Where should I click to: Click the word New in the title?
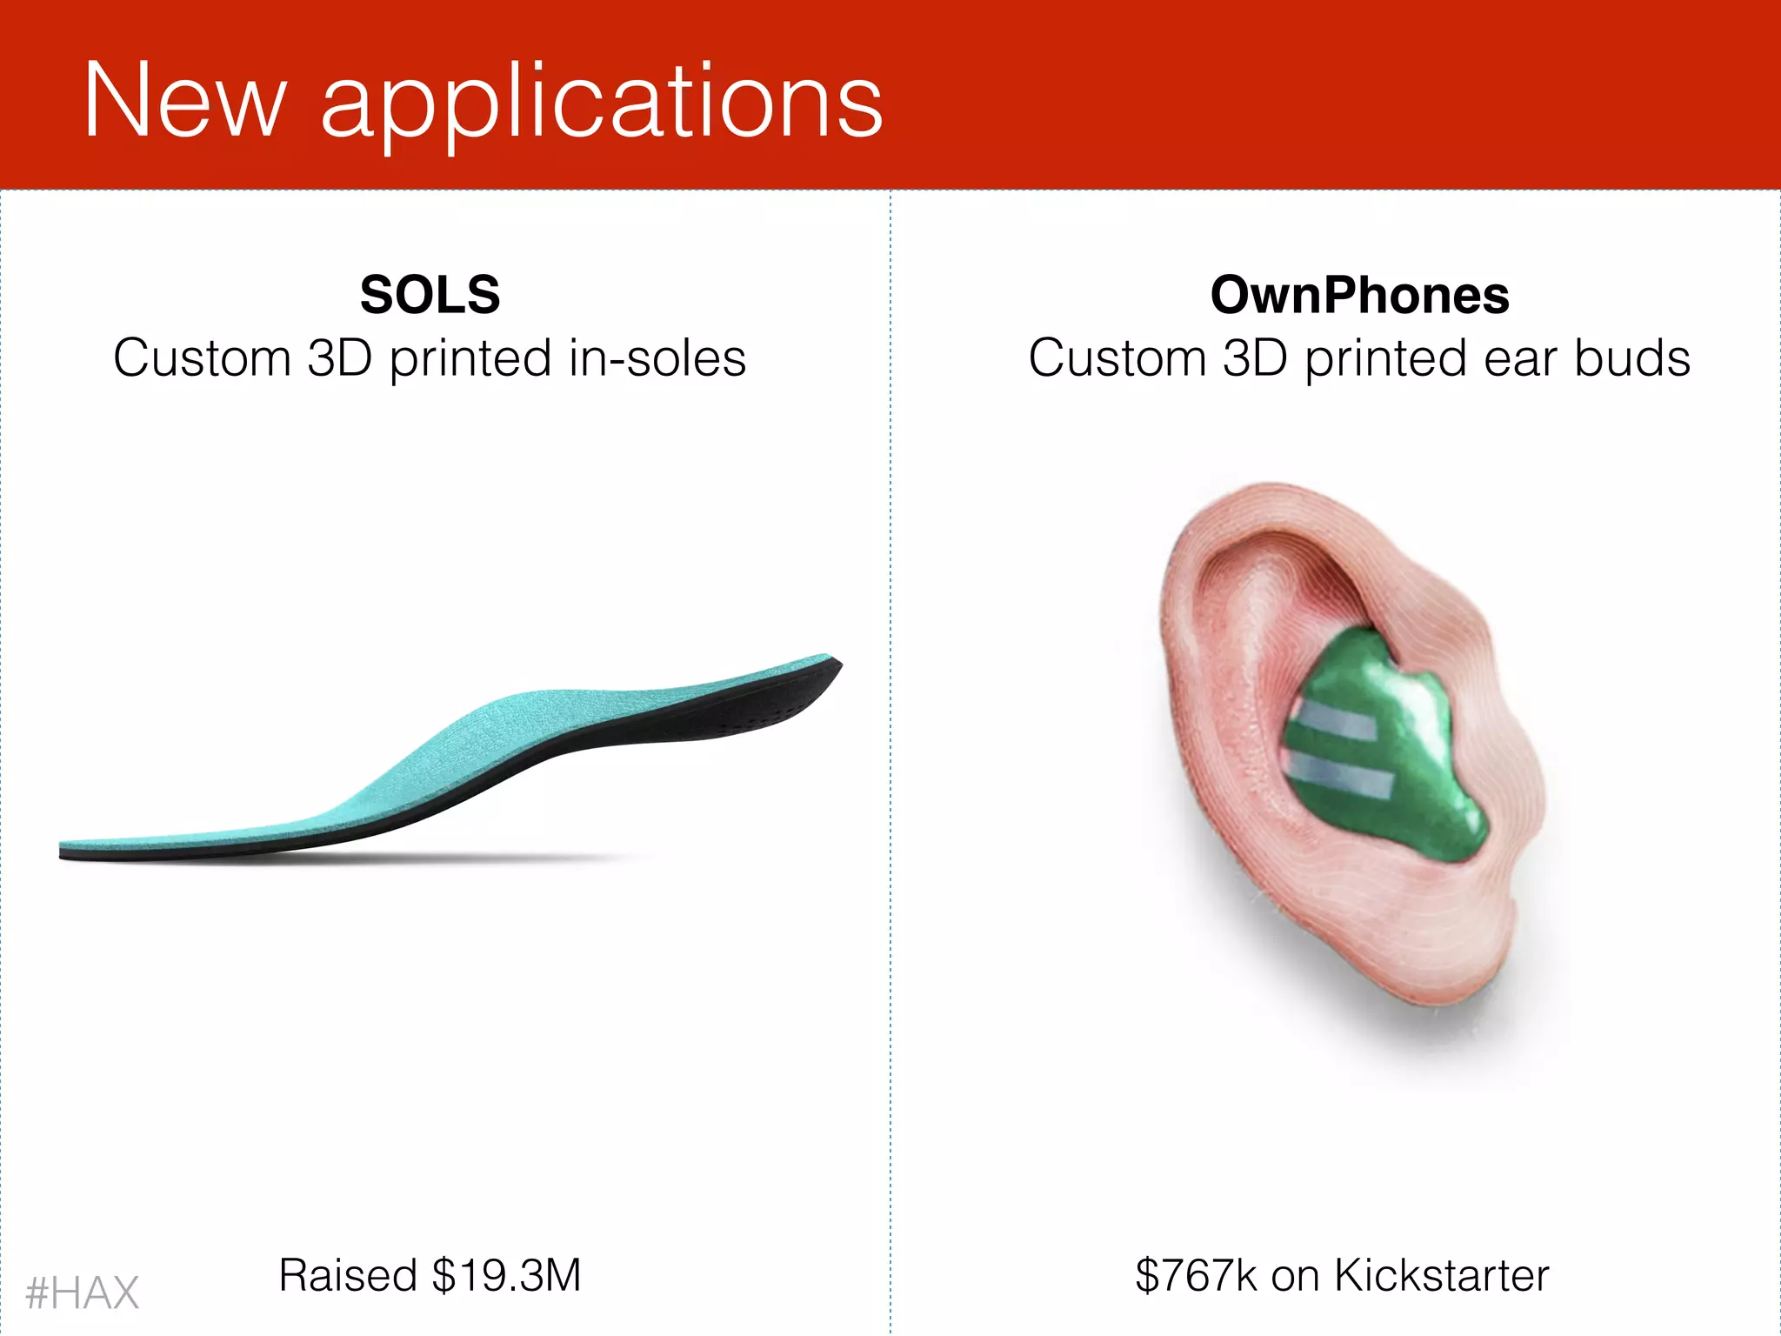184,101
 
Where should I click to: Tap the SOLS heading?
430,295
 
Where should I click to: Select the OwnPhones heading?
1359,295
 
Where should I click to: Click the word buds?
1632,358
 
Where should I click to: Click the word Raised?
348,1276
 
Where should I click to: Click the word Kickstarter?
1441,1276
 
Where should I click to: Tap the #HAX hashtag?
83,1293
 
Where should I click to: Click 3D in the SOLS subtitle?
339,358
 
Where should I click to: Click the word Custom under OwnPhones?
1117,358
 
